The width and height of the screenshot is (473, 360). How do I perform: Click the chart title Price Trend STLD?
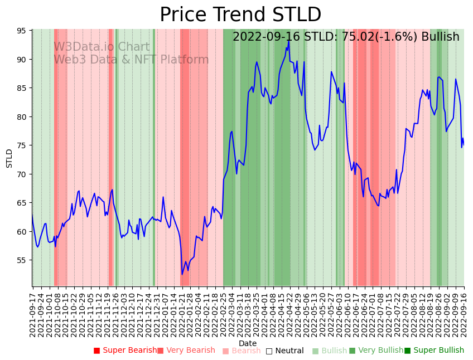(240, 15)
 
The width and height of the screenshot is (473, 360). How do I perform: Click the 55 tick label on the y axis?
(21, 260)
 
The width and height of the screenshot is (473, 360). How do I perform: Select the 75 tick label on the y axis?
(21, 145)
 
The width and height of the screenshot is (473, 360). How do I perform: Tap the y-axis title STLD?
(9, 158)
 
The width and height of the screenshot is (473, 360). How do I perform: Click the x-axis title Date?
(248, 343)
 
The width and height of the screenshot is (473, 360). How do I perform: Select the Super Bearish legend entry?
(126, 351)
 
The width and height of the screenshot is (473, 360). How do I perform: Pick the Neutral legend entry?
(284, 351)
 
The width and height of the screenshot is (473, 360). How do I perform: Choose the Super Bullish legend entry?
(434, 351)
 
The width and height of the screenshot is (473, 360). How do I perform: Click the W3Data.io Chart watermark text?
(102, 47)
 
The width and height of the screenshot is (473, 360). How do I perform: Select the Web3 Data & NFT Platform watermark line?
(131, 60)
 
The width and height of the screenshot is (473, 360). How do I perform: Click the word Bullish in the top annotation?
(440, 37)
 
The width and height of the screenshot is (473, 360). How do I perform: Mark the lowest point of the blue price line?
(182, 274)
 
